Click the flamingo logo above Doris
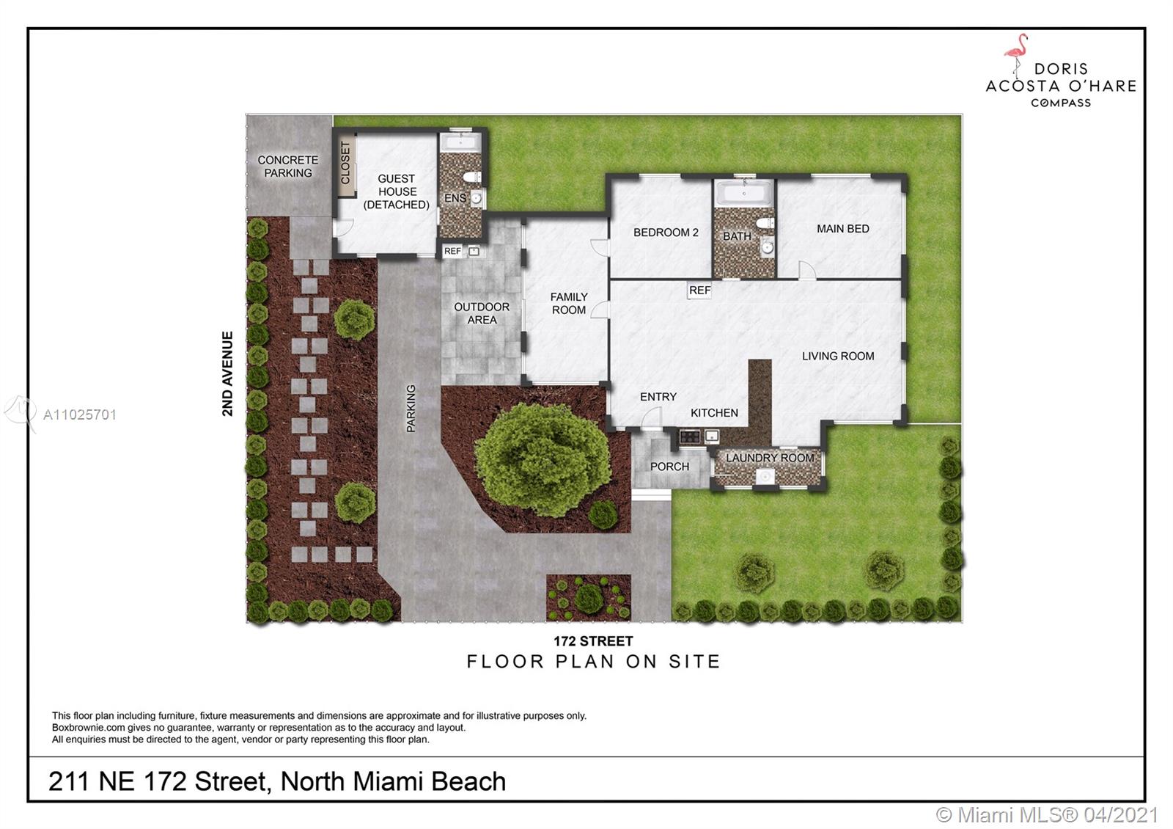1017,56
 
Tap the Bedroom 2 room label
666,232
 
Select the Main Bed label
842,228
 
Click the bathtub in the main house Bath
744,194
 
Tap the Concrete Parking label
288,166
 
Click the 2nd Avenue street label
227,373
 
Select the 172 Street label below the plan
593,641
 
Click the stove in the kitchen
690,436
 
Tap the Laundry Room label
770,458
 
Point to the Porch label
669,467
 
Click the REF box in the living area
699,291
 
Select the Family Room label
569,304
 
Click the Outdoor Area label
482,313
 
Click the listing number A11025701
80,415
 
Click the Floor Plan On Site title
593,662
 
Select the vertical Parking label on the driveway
411,409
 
